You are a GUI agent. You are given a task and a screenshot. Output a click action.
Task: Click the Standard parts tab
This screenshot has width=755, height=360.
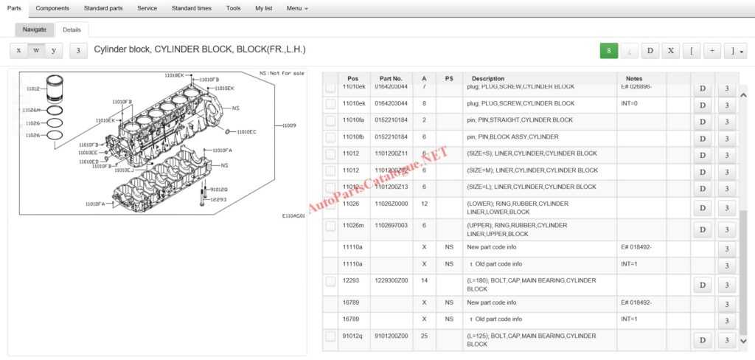tap(103, 8)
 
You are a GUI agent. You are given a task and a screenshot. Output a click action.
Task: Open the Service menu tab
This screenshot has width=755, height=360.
tap(147, 8)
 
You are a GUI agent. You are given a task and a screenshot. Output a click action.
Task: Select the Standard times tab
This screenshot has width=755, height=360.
tap(191, 8)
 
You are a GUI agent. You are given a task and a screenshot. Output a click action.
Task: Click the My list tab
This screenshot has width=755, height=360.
tap(263, 8)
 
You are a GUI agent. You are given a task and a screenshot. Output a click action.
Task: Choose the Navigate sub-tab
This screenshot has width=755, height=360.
tap(34, 30)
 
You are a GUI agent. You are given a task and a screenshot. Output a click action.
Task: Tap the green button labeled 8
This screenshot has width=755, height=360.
tap(608, 50)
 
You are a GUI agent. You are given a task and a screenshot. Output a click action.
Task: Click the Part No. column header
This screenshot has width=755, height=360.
tap(391, 78)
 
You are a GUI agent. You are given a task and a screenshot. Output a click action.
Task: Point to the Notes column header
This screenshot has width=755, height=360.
tap(634, 78)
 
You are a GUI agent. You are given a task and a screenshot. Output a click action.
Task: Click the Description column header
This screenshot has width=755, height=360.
tap(488, 78)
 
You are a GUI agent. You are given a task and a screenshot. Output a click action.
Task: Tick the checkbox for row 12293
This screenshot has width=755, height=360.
tap(330, 284)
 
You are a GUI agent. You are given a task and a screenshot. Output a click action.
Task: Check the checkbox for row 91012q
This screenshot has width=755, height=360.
tap(330, 339)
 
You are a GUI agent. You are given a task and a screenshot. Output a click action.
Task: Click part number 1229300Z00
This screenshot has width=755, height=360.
tap(391, 280)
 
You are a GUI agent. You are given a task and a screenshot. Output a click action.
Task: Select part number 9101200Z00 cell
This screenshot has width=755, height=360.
tap(391, 336)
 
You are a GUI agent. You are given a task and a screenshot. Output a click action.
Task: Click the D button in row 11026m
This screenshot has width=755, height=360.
tap(702, 229)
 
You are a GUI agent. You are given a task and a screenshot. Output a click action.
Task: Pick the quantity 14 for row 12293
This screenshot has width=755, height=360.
tap(424, 280)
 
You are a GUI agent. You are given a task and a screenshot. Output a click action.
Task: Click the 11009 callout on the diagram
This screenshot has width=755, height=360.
tap(289, 125)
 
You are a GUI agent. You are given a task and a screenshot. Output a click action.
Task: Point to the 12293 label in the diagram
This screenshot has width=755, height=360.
tap(218, 199)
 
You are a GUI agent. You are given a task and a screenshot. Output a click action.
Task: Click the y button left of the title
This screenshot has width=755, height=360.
tap(53, 50)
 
